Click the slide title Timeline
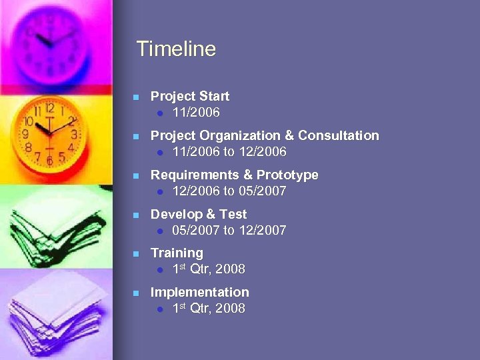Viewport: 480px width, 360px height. pos(176,49)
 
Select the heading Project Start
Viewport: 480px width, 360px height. pos(190,97)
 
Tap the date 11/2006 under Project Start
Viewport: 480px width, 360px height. pos(196,113)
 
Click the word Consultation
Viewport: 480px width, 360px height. pos(338,136)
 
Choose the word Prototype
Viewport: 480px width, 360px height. pos(287,175)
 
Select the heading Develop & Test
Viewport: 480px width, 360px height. pos(199,215)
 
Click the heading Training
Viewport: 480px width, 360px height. pos(177,253)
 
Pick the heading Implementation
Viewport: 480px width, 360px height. pos(200,293)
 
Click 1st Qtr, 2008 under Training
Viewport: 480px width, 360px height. pos(209,269)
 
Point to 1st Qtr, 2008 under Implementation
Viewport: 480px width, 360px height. pos(209,309)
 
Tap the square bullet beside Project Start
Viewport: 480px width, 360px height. pos(135,97)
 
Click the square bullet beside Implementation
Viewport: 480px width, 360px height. pos(135,293)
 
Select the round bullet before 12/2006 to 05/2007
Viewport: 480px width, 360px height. pos(161,192)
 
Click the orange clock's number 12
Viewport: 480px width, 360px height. pos(49,109)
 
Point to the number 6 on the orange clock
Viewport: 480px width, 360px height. pos(49,160)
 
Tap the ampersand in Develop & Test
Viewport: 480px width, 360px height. pos(211,215)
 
